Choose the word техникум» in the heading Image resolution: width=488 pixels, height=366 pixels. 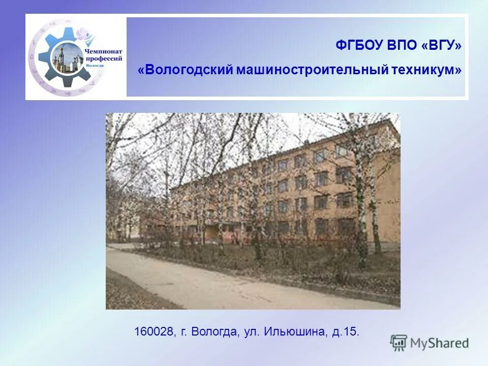point(427,70)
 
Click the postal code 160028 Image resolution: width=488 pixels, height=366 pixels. point(154,332)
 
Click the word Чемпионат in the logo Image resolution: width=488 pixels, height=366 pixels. point(103,51)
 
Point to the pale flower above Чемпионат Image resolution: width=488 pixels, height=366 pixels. point(89,38)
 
